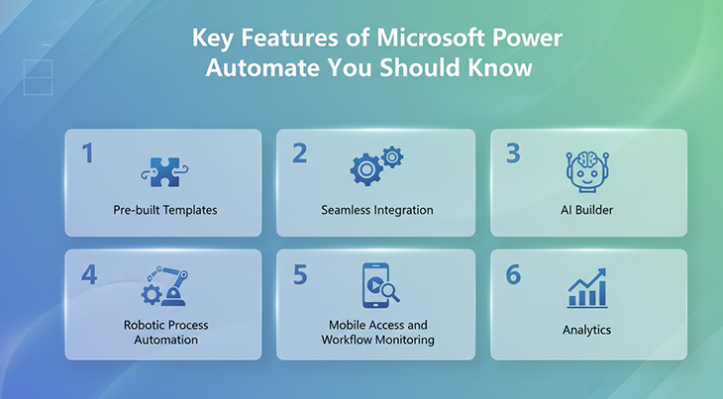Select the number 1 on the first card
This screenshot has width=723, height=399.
coord(87,153)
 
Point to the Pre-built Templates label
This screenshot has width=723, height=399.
coord(163,210)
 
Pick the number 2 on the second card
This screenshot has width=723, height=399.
coord(299,153)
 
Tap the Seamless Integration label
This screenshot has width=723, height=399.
coord(377,210)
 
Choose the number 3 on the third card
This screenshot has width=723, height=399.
coord(513,153)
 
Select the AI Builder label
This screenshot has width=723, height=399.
coord(588,210)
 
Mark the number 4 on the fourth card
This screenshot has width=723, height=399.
coord(89,274)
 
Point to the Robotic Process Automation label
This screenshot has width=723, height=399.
coord(164,332)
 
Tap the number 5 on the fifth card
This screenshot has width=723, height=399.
coord(301,274)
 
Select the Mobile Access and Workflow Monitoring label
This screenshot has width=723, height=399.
coord(377,332)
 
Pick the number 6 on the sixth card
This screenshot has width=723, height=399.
coord(513,274)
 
